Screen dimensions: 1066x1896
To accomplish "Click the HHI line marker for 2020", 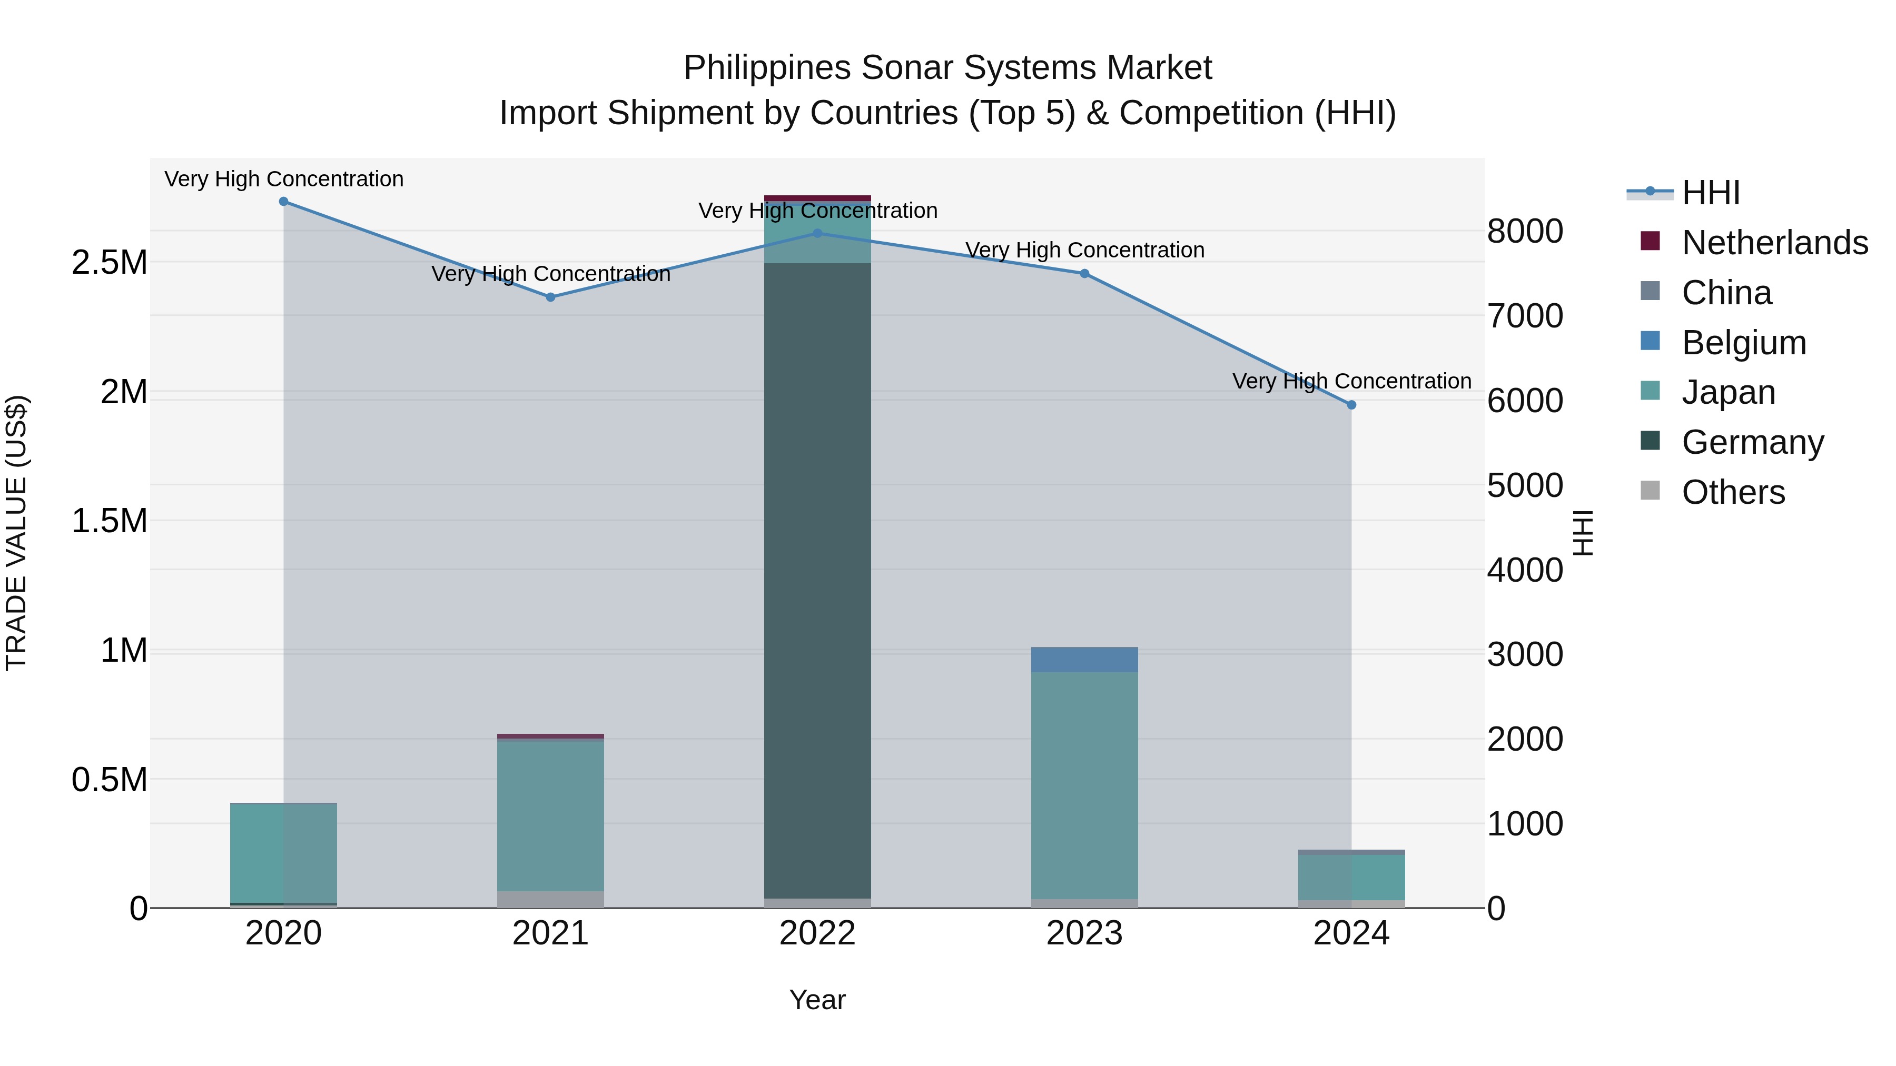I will tap(283, 202).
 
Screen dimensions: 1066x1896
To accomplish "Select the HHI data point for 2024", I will tap(1351, 405).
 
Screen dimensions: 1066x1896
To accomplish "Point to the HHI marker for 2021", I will tap(550, 297).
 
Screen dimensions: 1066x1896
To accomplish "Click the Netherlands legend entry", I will tap(1774, 243).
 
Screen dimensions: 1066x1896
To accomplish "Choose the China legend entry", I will tap(1726, 293).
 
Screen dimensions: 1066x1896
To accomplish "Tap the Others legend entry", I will tap(1733, 492).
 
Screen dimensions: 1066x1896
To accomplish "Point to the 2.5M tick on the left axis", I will tap(110, 263).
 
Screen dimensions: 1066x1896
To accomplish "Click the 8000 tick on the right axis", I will tap(1524, 231).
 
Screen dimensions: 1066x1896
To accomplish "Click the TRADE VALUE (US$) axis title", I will tap(16, 533).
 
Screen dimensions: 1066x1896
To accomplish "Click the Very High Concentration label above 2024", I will tap(1351, 381).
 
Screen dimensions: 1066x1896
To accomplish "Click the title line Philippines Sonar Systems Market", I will tap(947, 68).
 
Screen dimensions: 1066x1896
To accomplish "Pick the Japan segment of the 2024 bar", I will tap(1351, 877).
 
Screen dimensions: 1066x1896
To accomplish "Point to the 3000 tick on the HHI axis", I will tap(1524, 655).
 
